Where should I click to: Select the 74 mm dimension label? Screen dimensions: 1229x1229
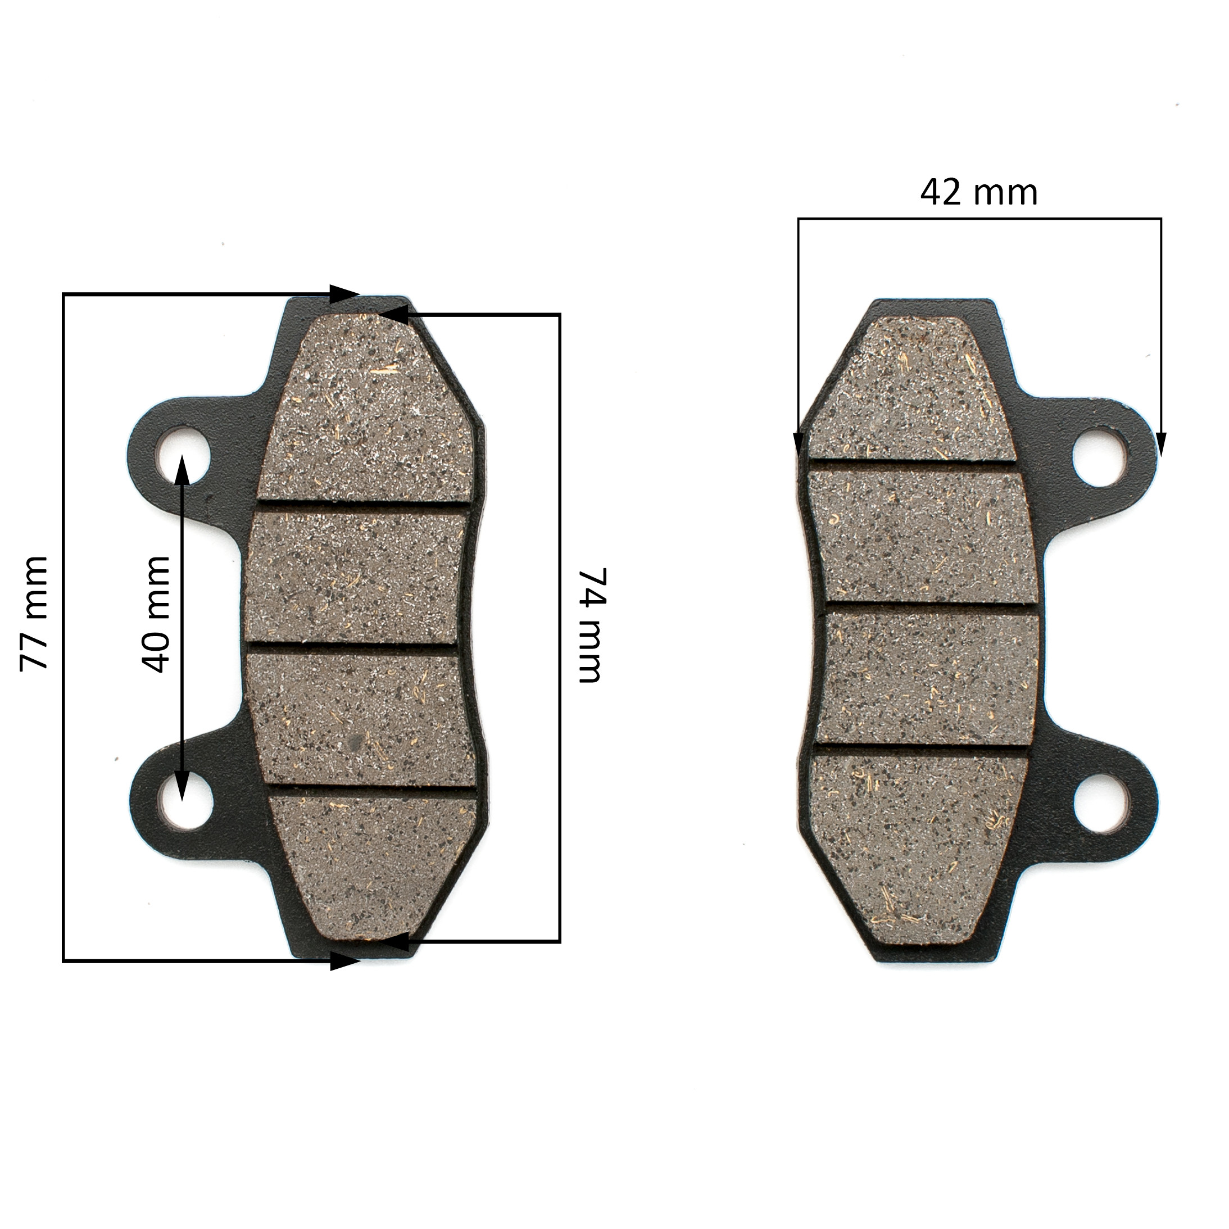(x=589, y=625)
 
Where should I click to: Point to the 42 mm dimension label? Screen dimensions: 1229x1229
(x=978, y=192)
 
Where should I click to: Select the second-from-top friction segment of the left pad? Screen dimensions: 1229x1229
(x=356, y=575)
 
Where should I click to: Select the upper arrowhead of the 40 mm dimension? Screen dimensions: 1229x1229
(x=182, y=468)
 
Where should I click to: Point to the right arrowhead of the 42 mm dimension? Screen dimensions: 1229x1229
(x=1161, y=443)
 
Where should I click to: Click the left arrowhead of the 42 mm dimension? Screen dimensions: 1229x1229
(x=799, y=443)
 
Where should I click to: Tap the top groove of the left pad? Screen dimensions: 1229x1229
(x=362, y=505)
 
